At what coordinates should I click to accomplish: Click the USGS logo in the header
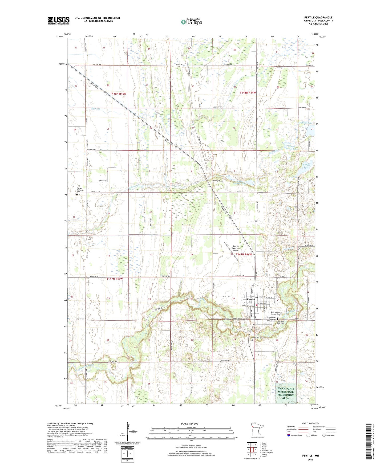[59, 21]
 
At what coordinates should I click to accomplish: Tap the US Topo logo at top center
[191, 22]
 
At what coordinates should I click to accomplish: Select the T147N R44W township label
[244, 254]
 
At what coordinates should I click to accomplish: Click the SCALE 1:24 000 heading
[189, 423]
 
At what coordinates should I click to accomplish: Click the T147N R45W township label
[114, 279]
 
